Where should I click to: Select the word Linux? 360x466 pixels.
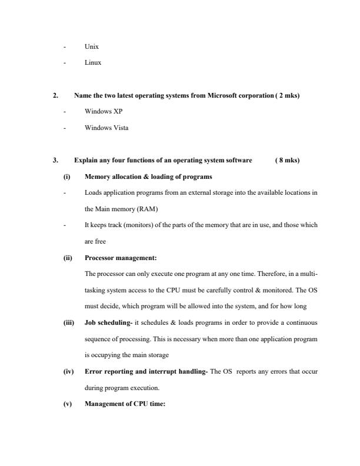point(93,62)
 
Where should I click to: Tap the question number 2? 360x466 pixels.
point(55,95)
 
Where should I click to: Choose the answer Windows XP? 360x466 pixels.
point(104,111)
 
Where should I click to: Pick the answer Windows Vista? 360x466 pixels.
point(106,128)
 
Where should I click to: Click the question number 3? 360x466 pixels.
point(55,160)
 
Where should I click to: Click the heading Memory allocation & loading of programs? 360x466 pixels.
point(148,177)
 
